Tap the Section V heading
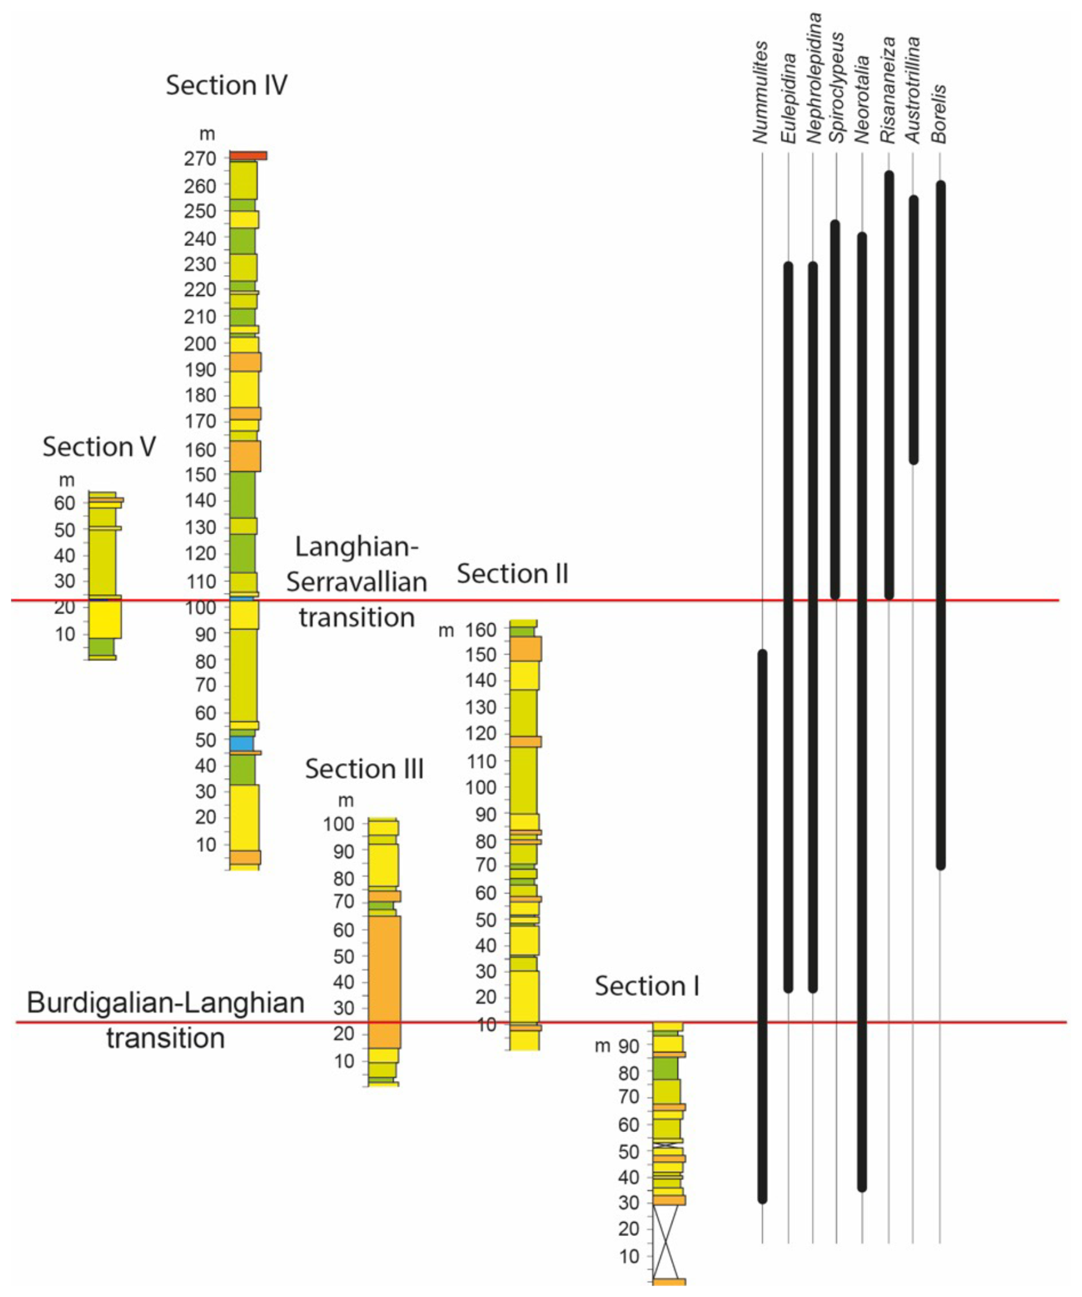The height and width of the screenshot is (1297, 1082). tap(99, 446)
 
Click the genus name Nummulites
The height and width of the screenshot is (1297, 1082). tap(761, 93)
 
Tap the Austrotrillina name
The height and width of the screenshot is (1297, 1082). tap(913, 90)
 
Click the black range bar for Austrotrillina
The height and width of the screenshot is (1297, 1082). tap(913, 330)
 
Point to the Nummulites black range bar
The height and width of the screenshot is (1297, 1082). tap(762, 927)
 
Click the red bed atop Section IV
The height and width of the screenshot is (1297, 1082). tap(248, 155)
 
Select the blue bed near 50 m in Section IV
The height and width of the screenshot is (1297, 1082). tap(241, 744)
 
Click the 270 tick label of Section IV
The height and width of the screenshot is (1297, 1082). tap(200, 159)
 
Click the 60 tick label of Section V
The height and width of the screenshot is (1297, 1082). tap(64, 503)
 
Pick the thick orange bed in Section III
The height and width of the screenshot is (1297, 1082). tap(384, 982)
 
